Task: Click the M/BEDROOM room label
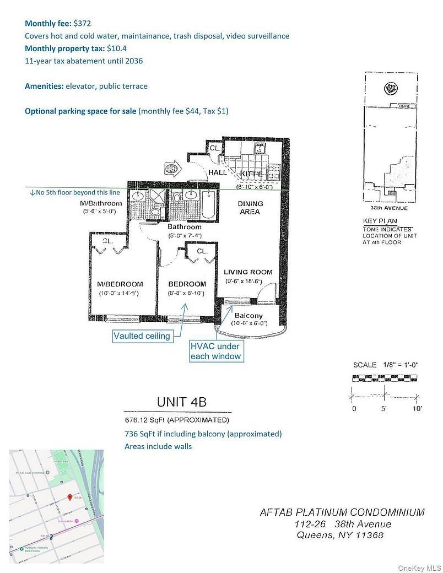point(120,284)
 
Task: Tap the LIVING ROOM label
point(248,272)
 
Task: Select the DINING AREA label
point(250,207)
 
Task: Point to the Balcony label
point(248,316)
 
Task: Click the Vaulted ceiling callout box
point(142,336)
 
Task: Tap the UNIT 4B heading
point(181,402)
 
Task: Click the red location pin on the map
point(69,497)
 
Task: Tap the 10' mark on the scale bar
point(417,408)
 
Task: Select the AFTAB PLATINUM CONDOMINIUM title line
point(342,512)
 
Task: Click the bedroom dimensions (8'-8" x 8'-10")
point(187,293)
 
